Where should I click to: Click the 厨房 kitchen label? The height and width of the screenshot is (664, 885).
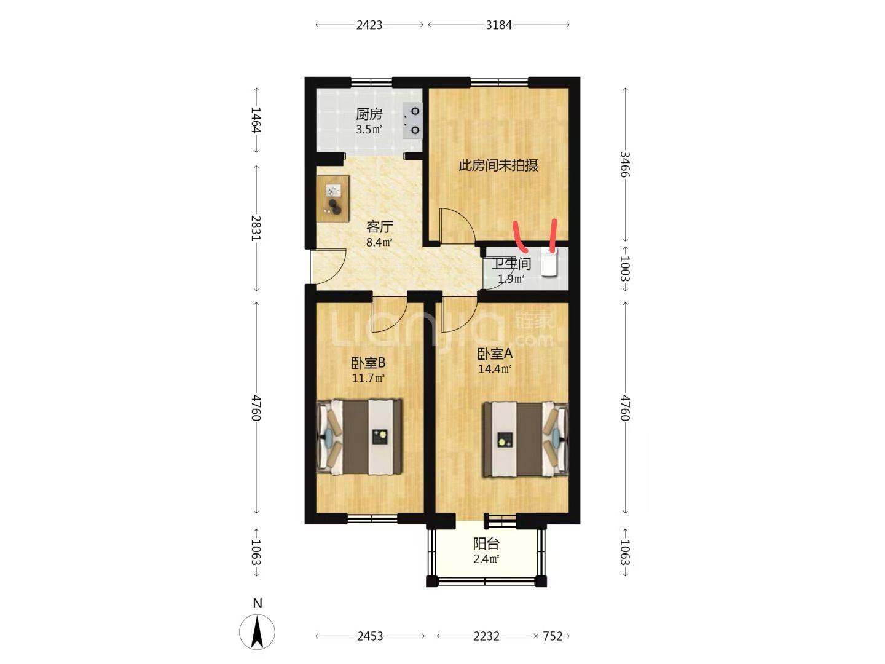click(x=369, y=114)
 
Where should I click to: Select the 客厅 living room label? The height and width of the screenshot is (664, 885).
click(x=379, y=227)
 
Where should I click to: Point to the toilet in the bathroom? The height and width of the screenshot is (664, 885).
click(x=548, y=263)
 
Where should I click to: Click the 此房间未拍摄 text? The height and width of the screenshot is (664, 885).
click(x=498, y=165)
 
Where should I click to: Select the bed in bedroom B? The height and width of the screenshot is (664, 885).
click(x=360, y=437)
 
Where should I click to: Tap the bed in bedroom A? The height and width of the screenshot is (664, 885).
click(x=525, y=439)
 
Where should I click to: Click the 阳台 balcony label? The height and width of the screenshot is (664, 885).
click(x=486, y=544)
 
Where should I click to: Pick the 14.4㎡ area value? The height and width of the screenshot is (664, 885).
click(x=494, y=369)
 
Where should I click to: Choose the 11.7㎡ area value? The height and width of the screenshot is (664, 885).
click(x=368, y=378)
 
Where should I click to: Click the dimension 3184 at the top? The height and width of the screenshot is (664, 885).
click(x=498, y=25)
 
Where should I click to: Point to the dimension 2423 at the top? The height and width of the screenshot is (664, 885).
click(x=369, y=25)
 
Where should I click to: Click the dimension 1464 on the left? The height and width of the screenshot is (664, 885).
click(x=256, y=120)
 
